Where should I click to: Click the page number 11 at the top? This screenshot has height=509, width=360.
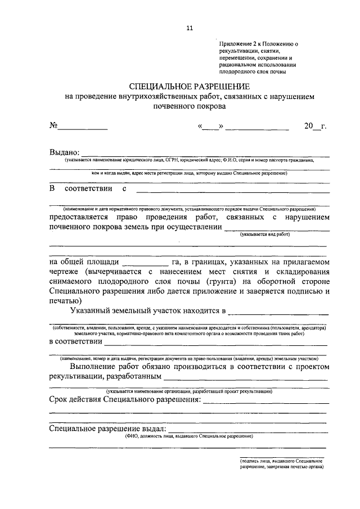click(189, 28)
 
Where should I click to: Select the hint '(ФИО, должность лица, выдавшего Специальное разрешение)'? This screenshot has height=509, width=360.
click(188, 436)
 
